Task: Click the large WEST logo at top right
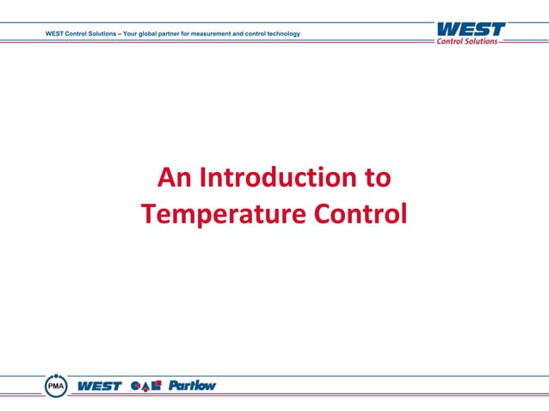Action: pyautogui.click(x=470, y=28)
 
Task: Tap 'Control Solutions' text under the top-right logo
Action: pyautogui.click(x=469, y=41)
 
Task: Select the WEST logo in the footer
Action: pyautogui.click(x=100, y=386)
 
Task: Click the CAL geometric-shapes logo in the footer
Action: pyautogui.click(x=146, y=386)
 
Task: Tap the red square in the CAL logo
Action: pyautogui.click(x=157, y=383)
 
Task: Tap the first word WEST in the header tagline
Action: pyautogui.click(x=55, y=34)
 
